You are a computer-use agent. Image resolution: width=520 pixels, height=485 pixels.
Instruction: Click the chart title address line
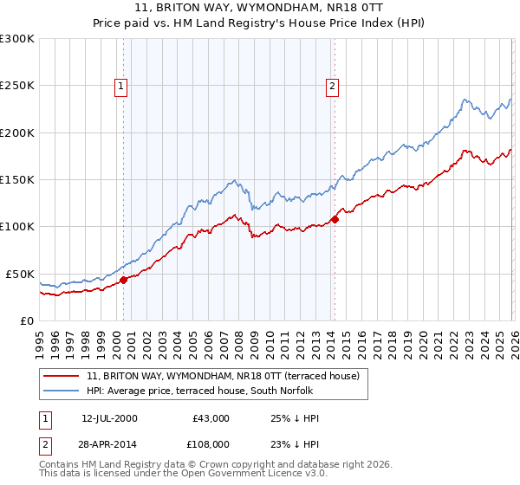(260, 9)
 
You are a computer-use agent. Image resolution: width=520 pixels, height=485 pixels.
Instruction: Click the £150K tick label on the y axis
(16, 180)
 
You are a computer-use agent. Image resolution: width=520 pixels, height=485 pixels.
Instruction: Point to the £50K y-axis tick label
(19, 274)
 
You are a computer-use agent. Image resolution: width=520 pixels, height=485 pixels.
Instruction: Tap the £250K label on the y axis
(16, 86)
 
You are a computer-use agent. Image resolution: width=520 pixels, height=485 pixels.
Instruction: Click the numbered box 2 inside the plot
(332, 86)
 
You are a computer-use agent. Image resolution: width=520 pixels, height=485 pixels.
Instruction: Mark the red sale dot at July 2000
(124, 280)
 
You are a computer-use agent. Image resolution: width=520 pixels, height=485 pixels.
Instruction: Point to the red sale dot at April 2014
(335, 219)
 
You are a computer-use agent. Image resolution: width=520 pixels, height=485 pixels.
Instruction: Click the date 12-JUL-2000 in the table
(109, 418)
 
